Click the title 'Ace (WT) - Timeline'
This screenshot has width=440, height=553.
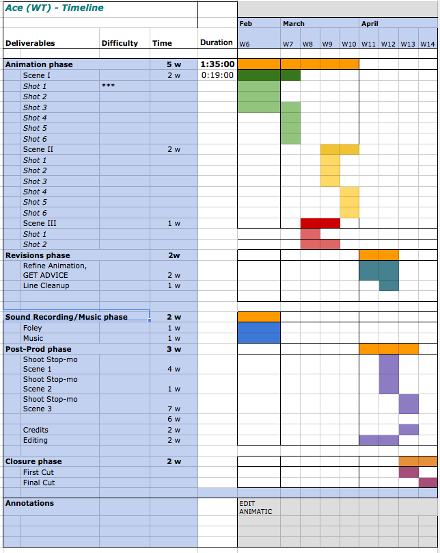[x=55, y=8]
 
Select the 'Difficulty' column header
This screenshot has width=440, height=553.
[x=120, y=43]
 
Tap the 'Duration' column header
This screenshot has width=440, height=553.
[x=217, y=42]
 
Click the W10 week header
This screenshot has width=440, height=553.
[x=349, y=44]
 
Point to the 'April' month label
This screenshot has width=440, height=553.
[x=370, y=23]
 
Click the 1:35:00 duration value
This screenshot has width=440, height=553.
[x=217, y=64]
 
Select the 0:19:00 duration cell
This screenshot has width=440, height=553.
[x=218, y=75]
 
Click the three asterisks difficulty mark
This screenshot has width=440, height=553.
[x=108, y=86]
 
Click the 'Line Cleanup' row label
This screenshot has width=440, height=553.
[x=46, y=285]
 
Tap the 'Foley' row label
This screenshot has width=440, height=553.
[x=33, y=328]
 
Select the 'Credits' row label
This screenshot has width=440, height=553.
[x=36, y=430]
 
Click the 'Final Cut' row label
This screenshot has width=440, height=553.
[x=39, y=483]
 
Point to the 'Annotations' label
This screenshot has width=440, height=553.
[x=29, y=503]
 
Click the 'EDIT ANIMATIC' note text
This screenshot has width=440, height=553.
[x=256, y=507]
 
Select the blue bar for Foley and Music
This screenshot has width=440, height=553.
[x=258, y=333]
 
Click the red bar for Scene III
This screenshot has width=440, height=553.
[x=320, y=223]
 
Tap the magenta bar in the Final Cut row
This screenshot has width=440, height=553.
[x=428, y=483]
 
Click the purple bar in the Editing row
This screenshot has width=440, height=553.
[x=378, y=440]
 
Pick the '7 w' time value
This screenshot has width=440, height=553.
[x=174, y=409]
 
